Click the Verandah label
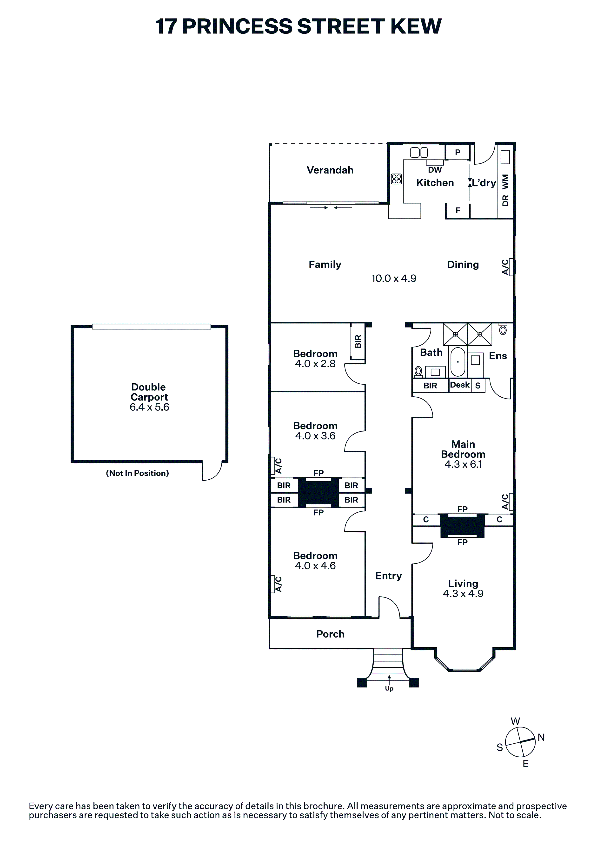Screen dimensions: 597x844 click(330, 170)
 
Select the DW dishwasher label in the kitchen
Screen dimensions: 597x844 click(435, 170)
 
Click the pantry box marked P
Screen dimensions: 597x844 click(458, 152)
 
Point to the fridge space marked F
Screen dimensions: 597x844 click(458, 211)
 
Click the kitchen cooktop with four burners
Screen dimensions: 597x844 click(396, 179)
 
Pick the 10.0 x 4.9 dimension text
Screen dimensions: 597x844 click(394, 278)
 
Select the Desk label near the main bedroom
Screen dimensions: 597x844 click(460, 385)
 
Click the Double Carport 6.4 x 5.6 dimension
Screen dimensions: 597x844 click(149, 407)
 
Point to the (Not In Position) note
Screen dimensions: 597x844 click(137, 473)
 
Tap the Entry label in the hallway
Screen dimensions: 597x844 click(388, 576)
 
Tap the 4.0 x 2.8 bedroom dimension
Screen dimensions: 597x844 click(315, 364)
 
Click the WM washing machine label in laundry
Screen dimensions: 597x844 click(505, 182)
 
